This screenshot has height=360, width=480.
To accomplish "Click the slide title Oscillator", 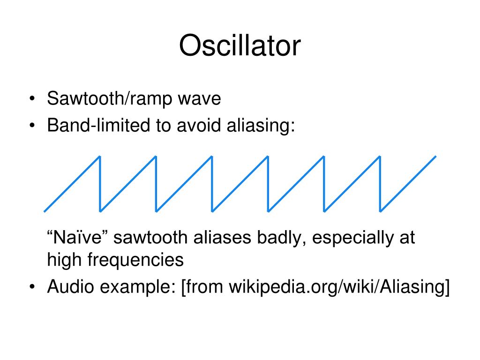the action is click(240, 45).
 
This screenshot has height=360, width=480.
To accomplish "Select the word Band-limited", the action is click(98, 125).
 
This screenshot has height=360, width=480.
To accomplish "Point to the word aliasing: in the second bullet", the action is click(261, 126).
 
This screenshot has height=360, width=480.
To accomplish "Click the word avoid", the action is click(199, 125).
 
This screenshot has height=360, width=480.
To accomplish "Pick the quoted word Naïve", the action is click(75, 237).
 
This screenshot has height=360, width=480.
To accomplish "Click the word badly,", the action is click(281, 238).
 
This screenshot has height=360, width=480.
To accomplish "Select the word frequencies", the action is click(135, 261).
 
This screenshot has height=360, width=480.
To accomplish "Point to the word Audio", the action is click(70, 286).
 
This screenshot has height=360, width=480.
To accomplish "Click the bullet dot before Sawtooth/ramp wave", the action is click(32, 99).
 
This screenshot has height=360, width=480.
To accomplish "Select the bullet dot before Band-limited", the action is click(32, 126).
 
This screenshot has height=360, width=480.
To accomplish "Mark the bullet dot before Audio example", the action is click(32, 287).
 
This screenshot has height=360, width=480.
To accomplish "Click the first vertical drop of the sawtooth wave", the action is click(100, 184).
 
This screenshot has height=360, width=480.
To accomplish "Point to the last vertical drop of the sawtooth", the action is click(380, 184).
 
